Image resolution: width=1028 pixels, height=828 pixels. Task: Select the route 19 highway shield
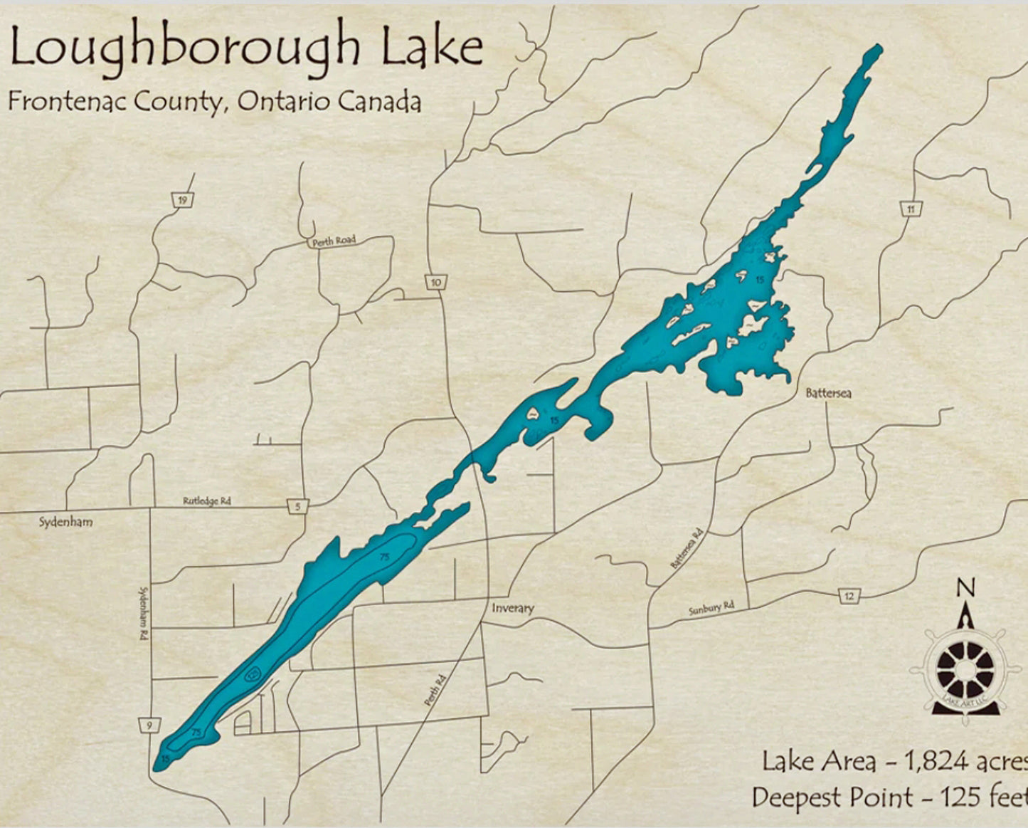(x=183, y=201)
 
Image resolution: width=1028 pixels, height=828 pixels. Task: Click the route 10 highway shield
(x=435, y=282)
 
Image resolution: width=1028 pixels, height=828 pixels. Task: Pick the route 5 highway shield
(x=298, y=507)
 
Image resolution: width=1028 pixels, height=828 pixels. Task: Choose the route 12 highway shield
(x=848, y=596)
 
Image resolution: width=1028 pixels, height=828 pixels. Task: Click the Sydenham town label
(x=65, y=523)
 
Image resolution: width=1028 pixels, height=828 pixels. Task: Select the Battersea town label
(x=829, y=393)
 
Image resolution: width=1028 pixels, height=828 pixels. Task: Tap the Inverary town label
(x=512, y=608)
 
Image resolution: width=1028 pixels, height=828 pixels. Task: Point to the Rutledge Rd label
(x=207, y=501)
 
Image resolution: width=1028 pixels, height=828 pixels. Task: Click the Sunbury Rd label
(x=711, y=609)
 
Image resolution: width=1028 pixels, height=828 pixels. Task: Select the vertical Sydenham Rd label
(x=142, y=612)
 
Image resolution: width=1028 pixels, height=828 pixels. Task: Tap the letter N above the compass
(x=965, y=588)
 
